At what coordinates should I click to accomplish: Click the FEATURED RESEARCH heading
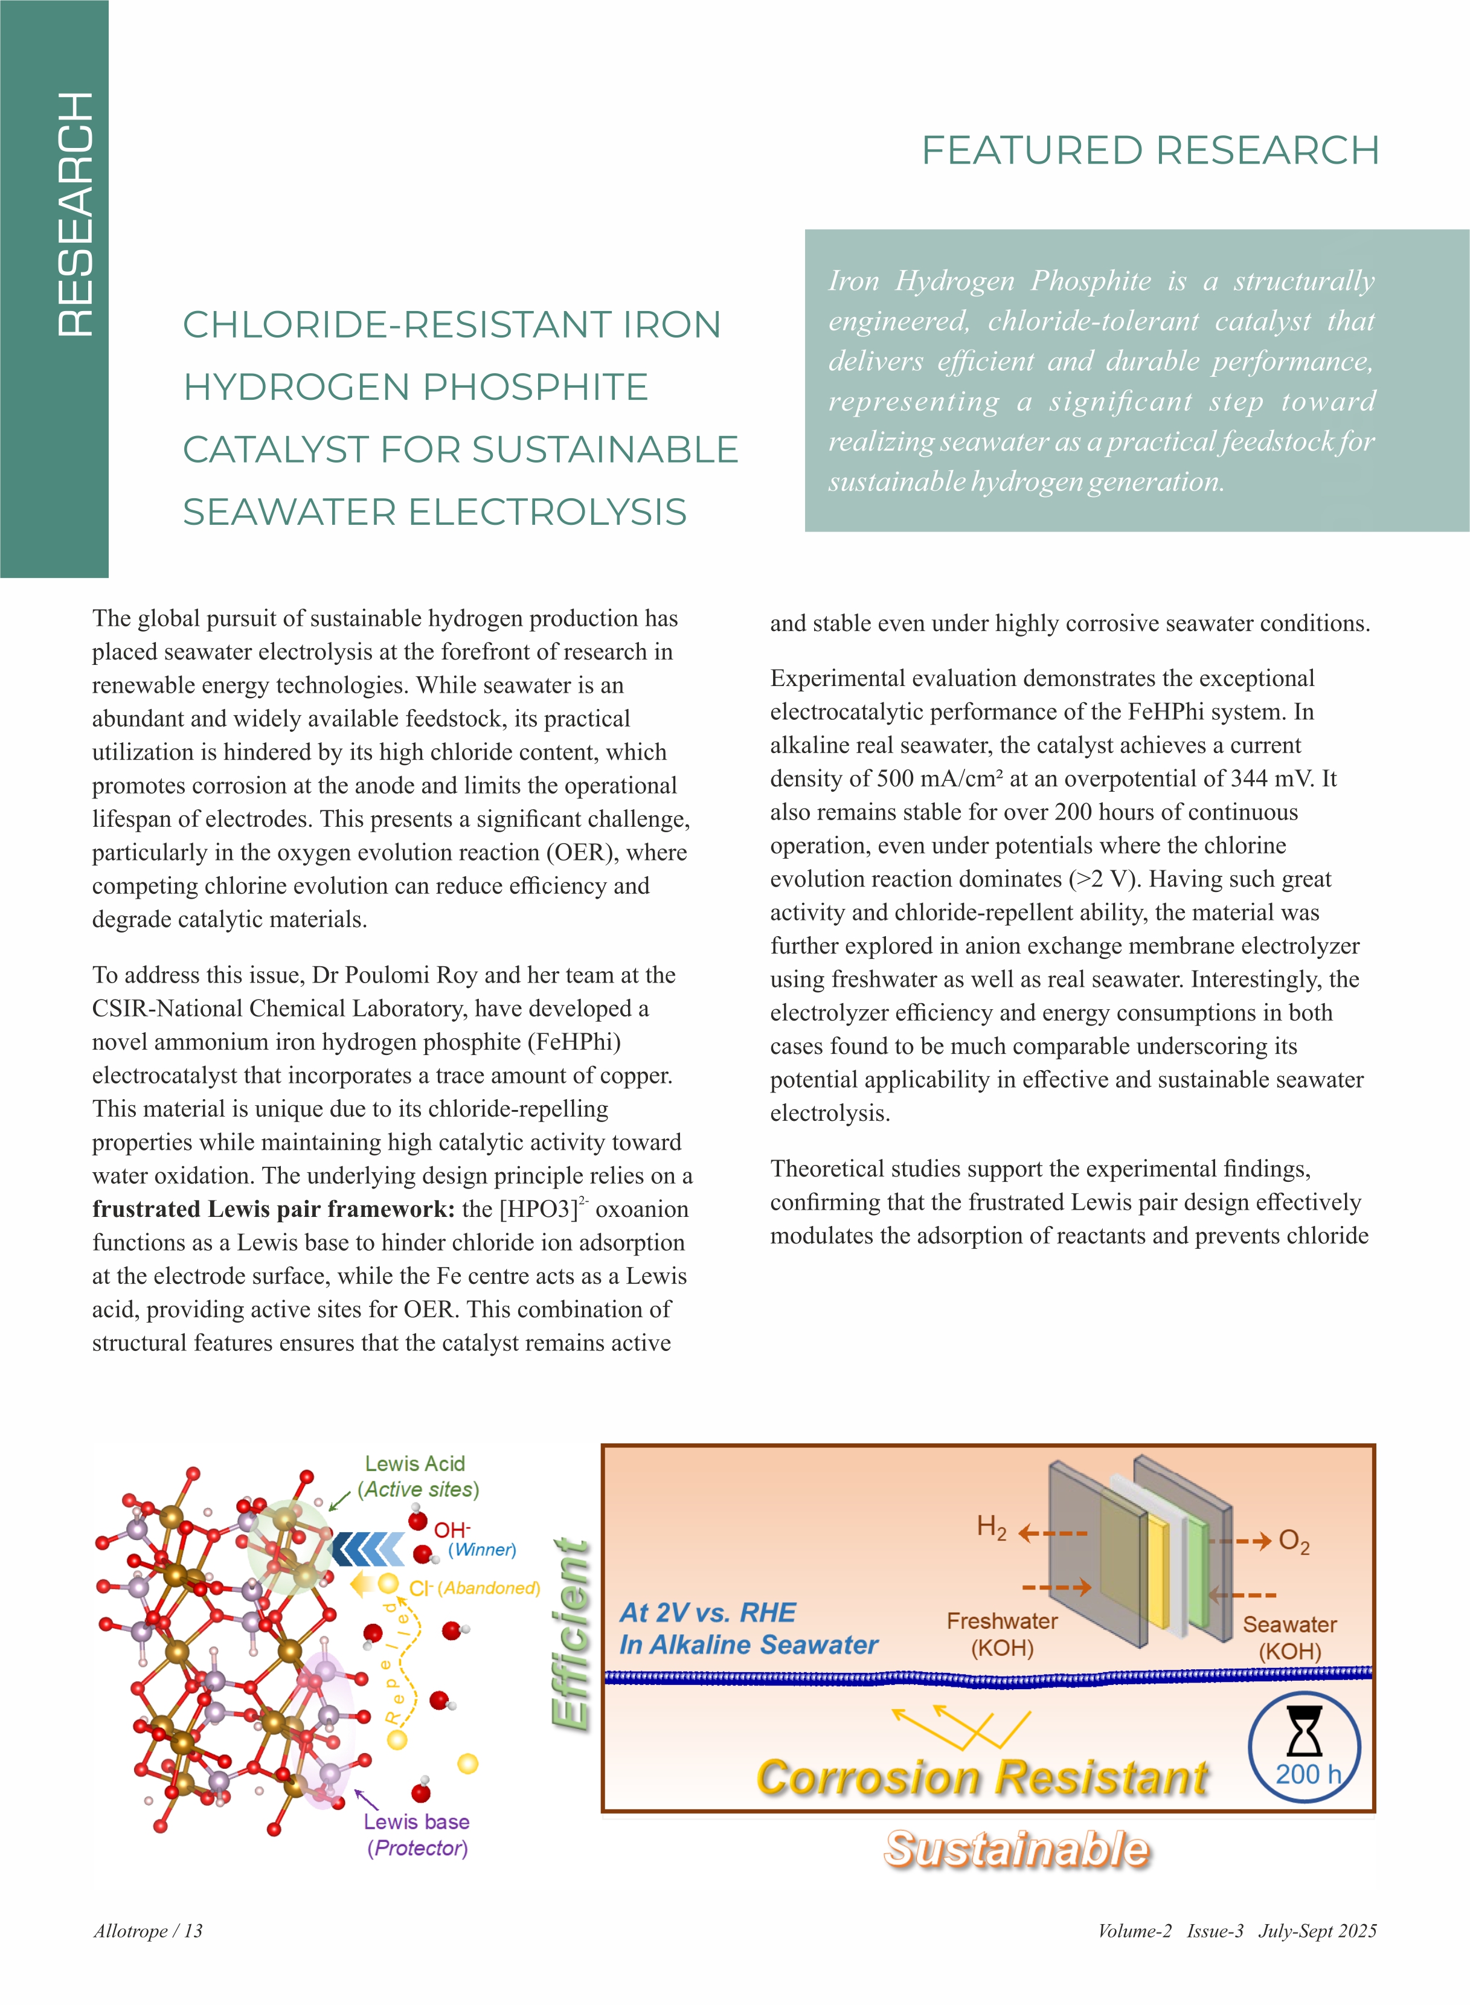1150,150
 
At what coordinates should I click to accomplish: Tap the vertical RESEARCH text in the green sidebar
75,214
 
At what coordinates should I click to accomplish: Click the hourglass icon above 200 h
1305,1730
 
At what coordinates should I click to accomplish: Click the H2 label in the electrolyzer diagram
991,1527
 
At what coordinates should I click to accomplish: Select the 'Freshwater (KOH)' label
1002,1634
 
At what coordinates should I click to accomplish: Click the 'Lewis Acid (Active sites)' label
417,1477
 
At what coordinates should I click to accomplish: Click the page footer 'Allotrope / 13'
149,1930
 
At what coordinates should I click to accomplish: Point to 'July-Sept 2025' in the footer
1317,1930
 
